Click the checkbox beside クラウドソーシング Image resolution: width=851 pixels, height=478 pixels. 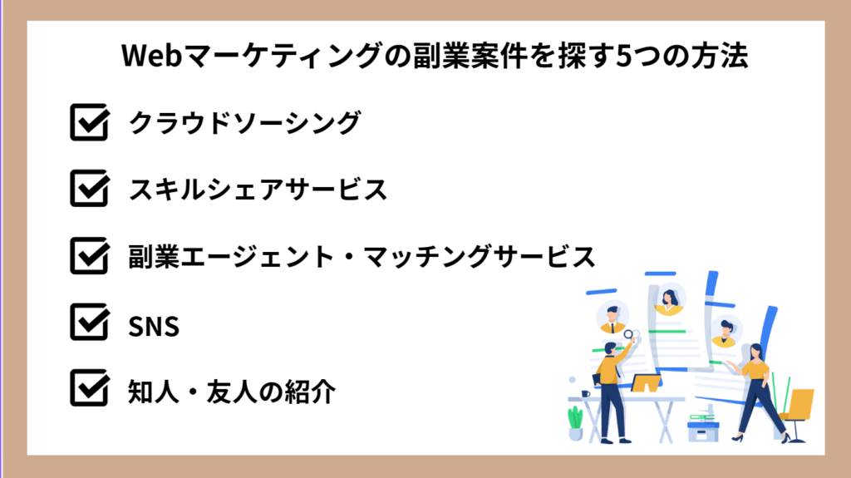89,123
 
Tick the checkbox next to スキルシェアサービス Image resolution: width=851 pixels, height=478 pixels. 89,190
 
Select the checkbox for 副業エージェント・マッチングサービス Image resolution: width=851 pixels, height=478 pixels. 89,256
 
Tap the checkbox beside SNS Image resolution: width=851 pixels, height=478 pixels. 89,323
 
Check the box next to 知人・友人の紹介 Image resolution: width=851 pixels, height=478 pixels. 89,389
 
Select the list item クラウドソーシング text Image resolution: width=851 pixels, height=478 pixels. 244,123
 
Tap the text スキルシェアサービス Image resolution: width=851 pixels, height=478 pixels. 258,190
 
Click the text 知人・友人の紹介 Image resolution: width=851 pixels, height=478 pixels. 232,391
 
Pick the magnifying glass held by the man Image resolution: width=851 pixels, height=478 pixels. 628,336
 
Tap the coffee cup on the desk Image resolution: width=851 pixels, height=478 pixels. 586,393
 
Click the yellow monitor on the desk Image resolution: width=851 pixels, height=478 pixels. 646,383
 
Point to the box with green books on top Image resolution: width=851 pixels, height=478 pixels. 702,428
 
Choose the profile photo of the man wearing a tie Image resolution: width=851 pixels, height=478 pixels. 612,317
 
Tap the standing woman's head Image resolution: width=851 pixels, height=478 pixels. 755,351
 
